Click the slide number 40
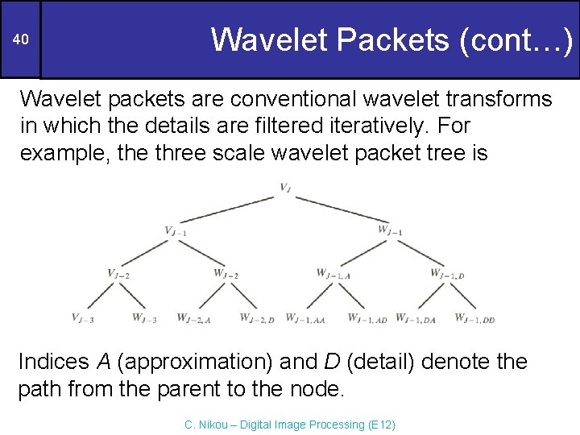22,40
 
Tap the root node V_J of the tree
286,188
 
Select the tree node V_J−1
176,231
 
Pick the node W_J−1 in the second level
390,231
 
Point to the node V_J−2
118,274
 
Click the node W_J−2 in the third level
226,274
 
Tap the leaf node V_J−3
82,318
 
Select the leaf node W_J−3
145,318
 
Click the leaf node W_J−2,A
193,318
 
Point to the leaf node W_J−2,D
257,318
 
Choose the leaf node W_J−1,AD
367,318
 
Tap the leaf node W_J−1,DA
416,318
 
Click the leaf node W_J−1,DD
474,318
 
